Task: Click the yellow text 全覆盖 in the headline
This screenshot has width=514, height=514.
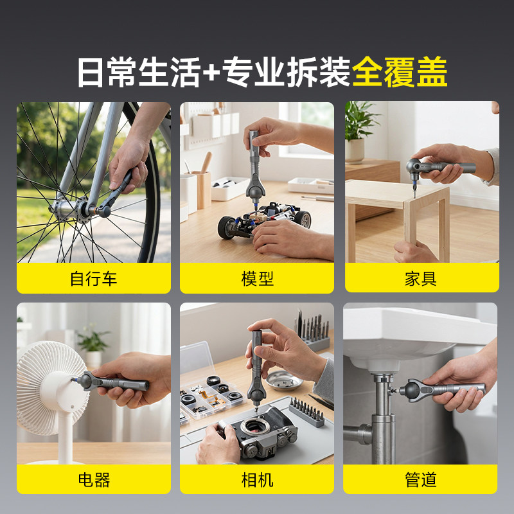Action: click(x=400, y=72)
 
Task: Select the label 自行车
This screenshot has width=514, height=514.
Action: click(x=93, y=279)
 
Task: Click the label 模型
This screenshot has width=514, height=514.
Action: click(x=257, y=279)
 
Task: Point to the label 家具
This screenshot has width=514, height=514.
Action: click(x=421, y=279)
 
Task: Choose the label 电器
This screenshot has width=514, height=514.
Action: click(x=94, y=480)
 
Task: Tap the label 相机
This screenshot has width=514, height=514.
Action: click(x=257, y=480)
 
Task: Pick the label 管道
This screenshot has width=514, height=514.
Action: click(x=421, y=480)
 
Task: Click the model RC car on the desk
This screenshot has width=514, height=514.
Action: click(x=264, y=219)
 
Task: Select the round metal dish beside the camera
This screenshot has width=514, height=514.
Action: click(x=284, y=380)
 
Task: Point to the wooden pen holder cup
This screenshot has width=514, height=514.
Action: click(x=204, y=190)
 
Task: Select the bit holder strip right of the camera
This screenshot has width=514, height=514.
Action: click(x=306, y=412)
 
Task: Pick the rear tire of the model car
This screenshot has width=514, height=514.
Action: click(x=227, y=227)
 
